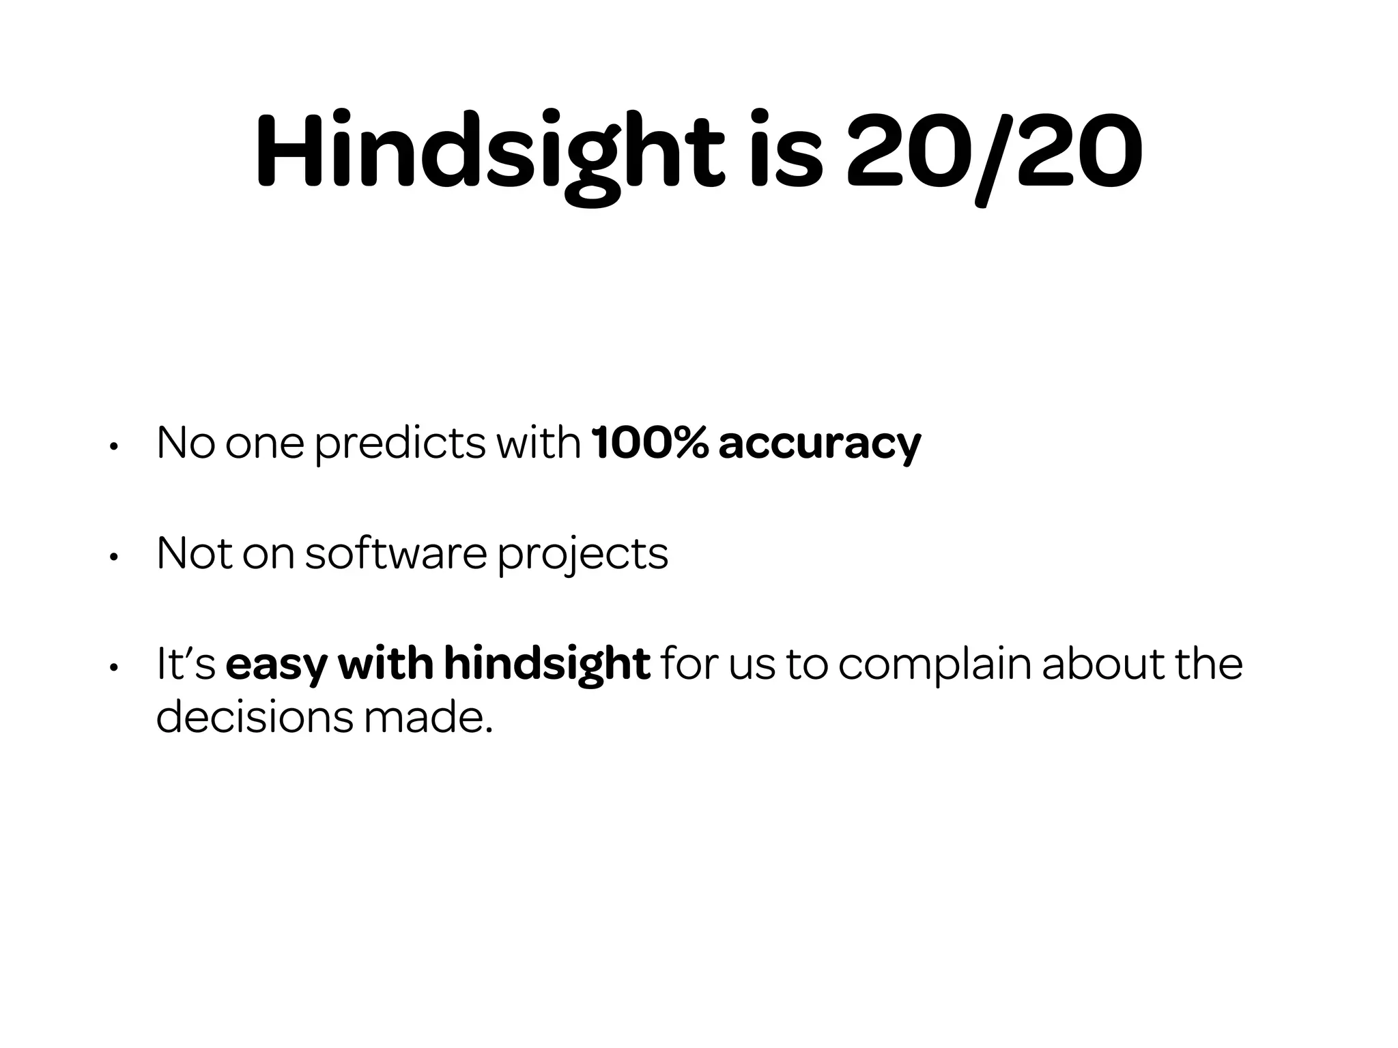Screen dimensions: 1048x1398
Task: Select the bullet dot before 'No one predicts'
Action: (114, 448)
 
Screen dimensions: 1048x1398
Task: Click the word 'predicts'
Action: (400, 443)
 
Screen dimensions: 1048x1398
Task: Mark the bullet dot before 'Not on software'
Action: (114, 557)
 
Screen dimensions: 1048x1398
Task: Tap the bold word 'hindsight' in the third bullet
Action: (547, 665)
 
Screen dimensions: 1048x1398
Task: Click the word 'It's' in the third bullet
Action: (186, 663)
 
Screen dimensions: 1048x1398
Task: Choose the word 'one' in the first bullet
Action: (264, 443)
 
